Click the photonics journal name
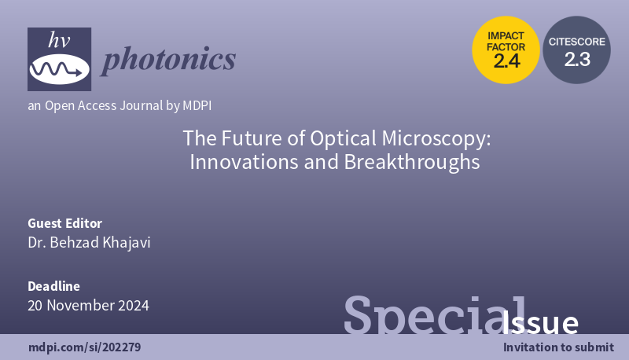168,59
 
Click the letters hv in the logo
59,42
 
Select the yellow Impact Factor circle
506,49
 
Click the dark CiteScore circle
577,48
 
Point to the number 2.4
506,61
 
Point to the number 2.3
577,59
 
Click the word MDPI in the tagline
195,105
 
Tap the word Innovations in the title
239,163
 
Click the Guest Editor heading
64,223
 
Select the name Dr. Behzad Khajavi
89,242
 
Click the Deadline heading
53,286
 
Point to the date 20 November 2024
88,305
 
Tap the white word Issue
540,323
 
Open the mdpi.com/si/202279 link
85,347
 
